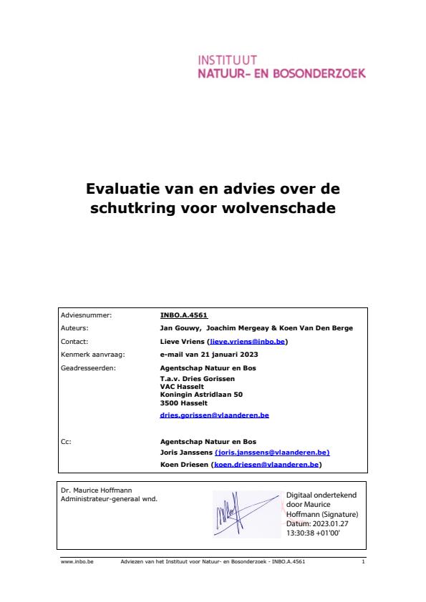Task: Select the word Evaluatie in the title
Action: (x=124, y=189)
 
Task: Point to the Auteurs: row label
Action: (x=74, y=328)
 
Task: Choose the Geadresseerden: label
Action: (x=89, y=367)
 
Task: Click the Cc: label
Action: (x=67, y=442)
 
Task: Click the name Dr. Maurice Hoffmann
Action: (x=93, y=490)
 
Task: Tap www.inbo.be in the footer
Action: (x=74, y=562)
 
